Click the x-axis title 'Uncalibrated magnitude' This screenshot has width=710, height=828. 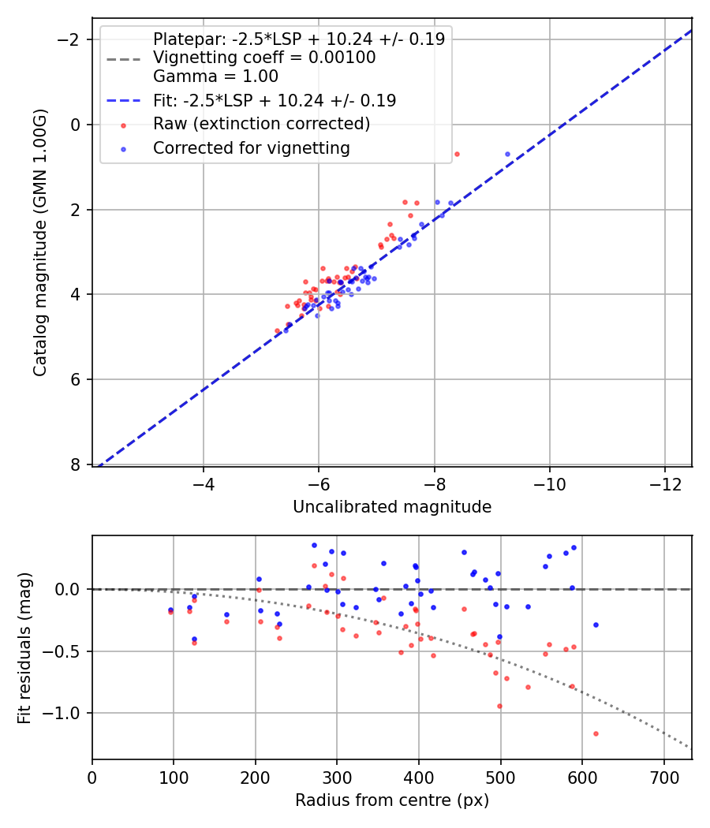(392, 507)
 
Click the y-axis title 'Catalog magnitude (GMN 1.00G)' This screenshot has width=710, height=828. (40, 242)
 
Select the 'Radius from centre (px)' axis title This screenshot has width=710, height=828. (392, 800)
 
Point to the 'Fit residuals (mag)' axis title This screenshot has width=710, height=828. (24, 647)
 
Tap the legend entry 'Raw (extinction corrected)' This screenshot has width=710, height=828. (261, 124)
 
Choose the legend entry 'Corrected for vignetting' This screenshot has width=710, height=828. (251, 147)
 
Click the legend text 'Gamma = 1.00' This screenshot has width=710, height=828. (215, 76)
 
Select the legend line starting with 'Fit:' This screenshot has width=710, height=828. (274, 100)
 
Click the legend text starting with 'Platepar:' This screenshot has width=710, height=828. (298, 39)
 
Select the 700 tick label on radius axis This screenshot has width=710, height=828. (663, 776)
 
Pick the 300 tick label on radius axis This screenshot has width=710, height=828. (337, 776)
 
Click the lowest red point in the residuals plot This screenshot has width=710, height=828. (596, 733)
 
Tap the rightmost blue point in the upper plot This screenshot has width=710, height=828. (507, 155)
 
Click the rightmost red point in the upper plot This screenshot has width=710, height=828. (457, 154)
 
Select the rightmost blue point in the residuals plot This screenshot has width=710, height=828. (596, 625)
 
